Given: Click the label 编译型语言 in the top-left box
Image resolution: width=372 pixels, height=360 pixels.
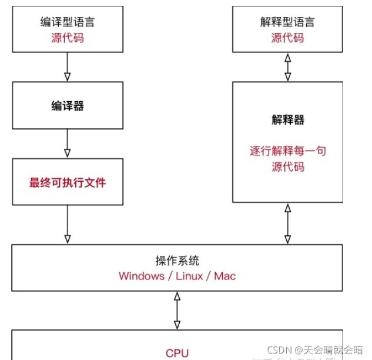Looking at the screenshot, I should (67, 22).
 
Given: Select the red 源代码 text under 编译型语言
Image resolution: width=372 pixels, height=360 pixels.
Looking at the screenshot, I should (67, 38).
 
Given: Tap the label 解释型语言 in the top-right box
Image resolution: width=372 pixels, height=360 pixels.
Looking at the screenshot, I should (287, 22).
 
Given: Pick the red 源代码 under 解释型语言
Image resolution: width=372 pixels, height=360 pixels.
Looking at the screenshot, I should (287, 38).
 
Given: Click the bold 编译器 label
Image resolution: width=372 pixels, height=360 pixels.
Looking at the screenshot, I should (67, 106).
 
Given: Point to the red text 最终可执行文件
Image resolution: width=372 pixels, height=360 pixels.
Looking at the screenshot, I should (67, 182).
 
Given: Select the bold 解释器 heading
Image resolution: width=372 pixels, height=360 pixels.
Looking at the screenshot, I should (287, 120).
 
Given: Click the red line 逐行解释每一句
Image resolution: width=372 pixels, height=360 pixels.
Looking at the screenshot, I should (287, 151).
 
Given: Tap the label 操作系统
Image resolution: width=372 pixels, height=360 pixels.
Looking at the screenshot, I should (177, 261).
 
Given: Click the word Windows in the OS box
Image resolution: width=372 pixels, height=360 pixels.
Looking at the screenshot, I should (142, 276).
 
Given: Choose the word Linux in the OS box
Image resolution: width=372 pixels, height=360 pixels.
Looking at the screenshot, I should (189, 276).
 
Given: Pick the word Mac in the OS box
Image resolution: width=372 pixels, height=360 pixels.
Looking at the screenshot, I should (224, 276).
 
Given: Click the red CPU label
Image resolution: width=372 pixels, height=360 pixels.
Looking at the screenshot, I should (177, 353).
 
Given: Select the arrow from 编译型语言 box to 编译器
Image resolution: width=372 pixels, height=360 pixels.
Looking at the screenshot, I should (67, 66).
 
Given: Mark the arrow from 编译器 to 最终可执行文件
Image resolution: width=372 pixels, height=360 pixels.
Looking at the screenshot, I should (67, 143).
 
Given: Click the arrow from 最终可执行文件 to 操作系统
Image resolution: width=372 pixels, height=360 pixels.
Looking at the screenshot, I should (67, 224).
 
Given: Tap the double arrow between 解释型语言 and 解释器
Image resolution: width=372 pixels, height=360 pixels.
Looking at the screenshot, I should (287, 66).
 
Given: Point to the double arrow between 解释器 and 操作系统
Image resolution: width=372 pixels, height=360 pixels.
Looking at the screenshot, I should (287, 224).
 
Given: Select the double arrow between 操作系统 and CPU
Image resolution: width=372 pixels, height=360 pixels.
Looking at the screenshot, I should (177, 310).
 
